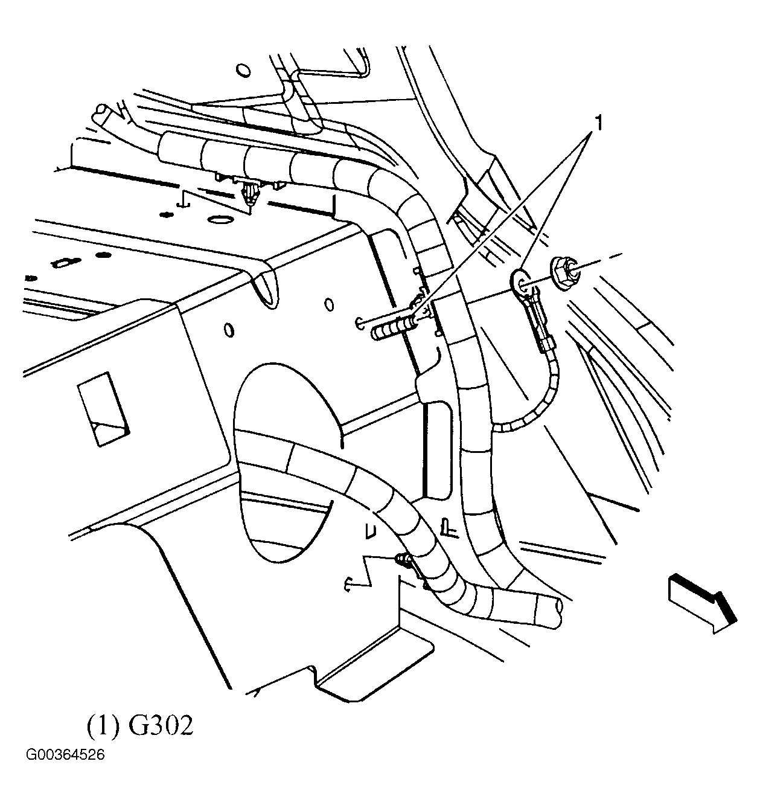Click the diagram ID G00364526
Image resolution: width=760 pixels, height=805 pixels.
[x=65, y=755]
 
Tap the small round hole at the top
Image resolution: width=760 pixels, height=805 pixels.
[x=242, y=71]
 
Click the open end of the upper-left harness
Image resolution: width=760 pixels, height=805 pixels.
[x=101, y=112]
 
